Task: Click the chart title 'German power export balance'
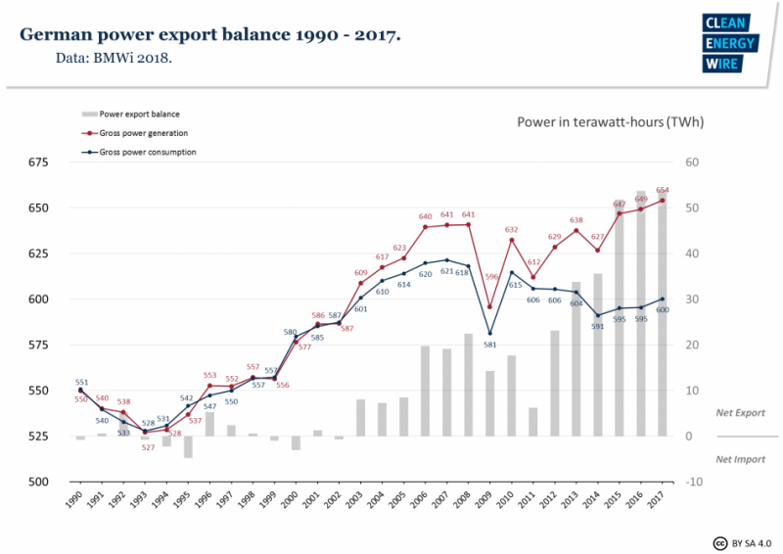209,35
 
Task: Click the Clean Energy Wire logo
723,44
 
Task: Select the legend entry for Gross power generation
143,132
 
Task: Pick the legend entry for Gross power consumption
147,152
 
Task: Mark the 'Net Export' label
740,414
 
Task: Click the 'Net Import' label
740,459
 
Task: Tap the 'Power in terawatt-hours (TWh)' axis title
610,122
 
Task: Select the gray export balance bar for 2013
576,359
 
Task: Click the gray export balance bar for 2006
426,391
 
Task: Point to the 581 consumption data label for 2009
489,345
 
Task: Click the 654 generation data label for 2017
663,190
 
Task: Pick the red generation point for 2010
512,240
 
